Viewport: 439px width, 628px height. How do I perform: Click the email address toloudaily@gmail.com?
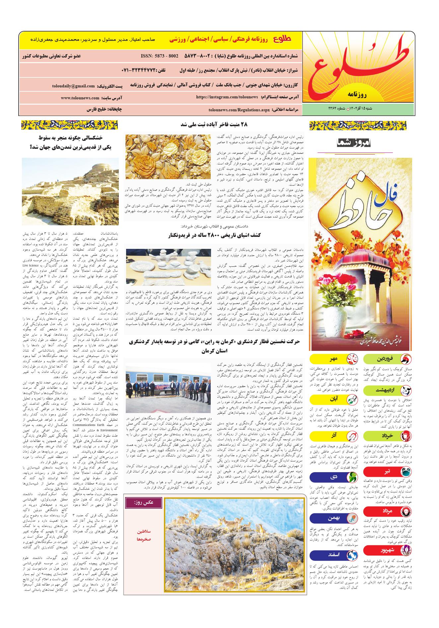73,86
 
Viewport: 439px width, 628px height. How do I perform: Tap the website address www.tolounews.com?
80,98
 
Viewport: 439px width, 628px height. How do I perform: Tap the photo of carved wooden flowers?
168,157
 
